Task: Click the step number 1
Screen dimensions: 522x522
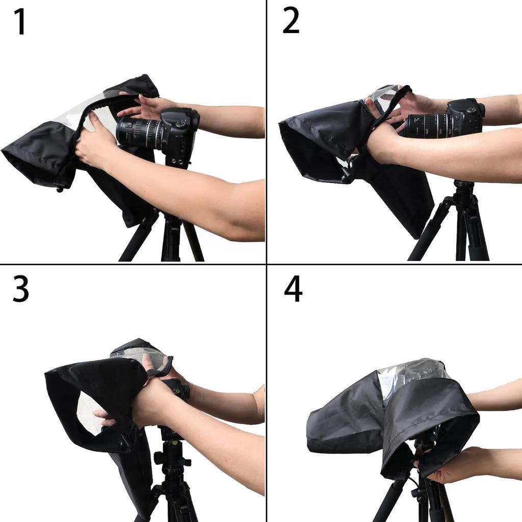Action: click(20, 22)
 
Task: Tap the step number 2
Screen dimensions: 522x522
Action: click(291, 22)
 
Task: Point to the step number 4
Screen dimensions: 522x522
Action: click(293, 290)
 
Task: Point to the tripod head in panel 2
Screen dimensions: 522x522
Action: click(463, 190)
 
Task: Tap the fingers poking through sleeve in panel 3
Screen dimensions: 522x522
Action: click(105, 415)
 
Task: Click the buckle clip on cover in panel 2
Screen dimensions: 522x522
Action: click(348, 173)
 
